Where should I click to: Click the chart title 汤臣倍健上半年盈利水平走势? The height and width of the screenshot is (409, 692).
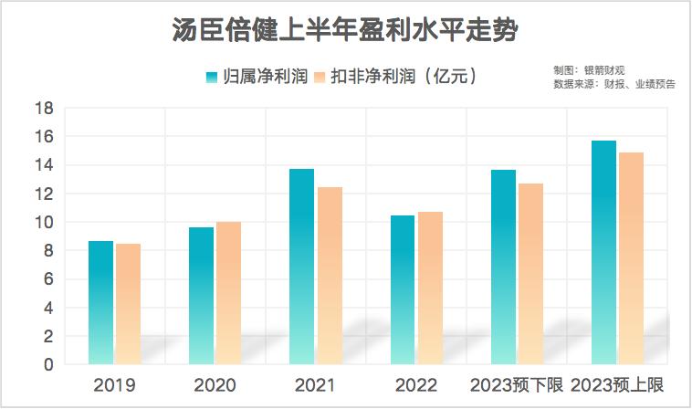[346, 33]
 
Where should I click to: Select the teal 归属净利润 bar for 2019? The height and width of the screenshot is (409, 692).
[100, 302]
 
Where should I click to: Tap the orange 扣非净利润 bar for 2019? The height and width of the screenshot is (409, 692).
[128, 304]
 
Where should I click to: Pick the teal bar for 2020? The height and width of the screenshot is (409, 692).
[201, 296]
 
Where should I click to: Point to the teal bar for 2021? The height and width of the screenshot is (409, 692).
[301, 267]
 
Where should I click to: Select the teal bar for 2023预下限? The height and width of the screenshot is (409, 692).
[503, 267]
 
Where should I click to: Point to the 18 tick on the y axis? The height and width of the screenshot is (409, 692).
[45, 109]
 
